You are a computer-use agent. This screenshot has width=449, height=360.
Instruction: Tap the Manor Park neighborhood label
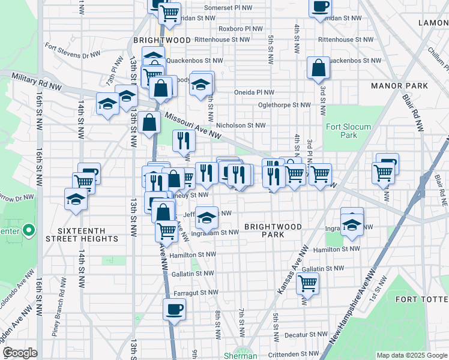coord(399,86)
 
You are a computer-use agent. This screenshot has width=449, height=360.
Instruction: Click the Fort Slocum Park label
coord(348,131)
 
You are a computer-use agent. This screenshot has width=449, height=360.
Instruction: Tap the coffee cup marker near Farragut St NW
coord(174,310)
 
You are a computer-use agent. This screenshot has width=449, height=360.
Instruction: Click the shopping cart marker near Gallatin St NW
coord(307,283)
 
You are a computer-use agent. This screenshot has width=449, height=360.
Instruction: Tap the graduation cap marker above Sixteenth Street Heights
coord(76,200)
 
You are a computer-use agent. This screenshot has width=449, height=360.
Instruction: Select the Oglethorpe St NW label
coord(284,104)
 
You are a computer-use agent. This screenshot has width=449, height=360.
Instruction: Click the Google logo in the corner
coord(20,353)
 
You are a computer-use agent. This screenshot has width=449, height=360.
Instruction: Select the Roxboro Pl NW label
coord(241,28)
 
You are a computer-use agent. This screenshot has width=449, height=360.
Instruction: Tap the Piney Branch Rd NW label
coord(59,312)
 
